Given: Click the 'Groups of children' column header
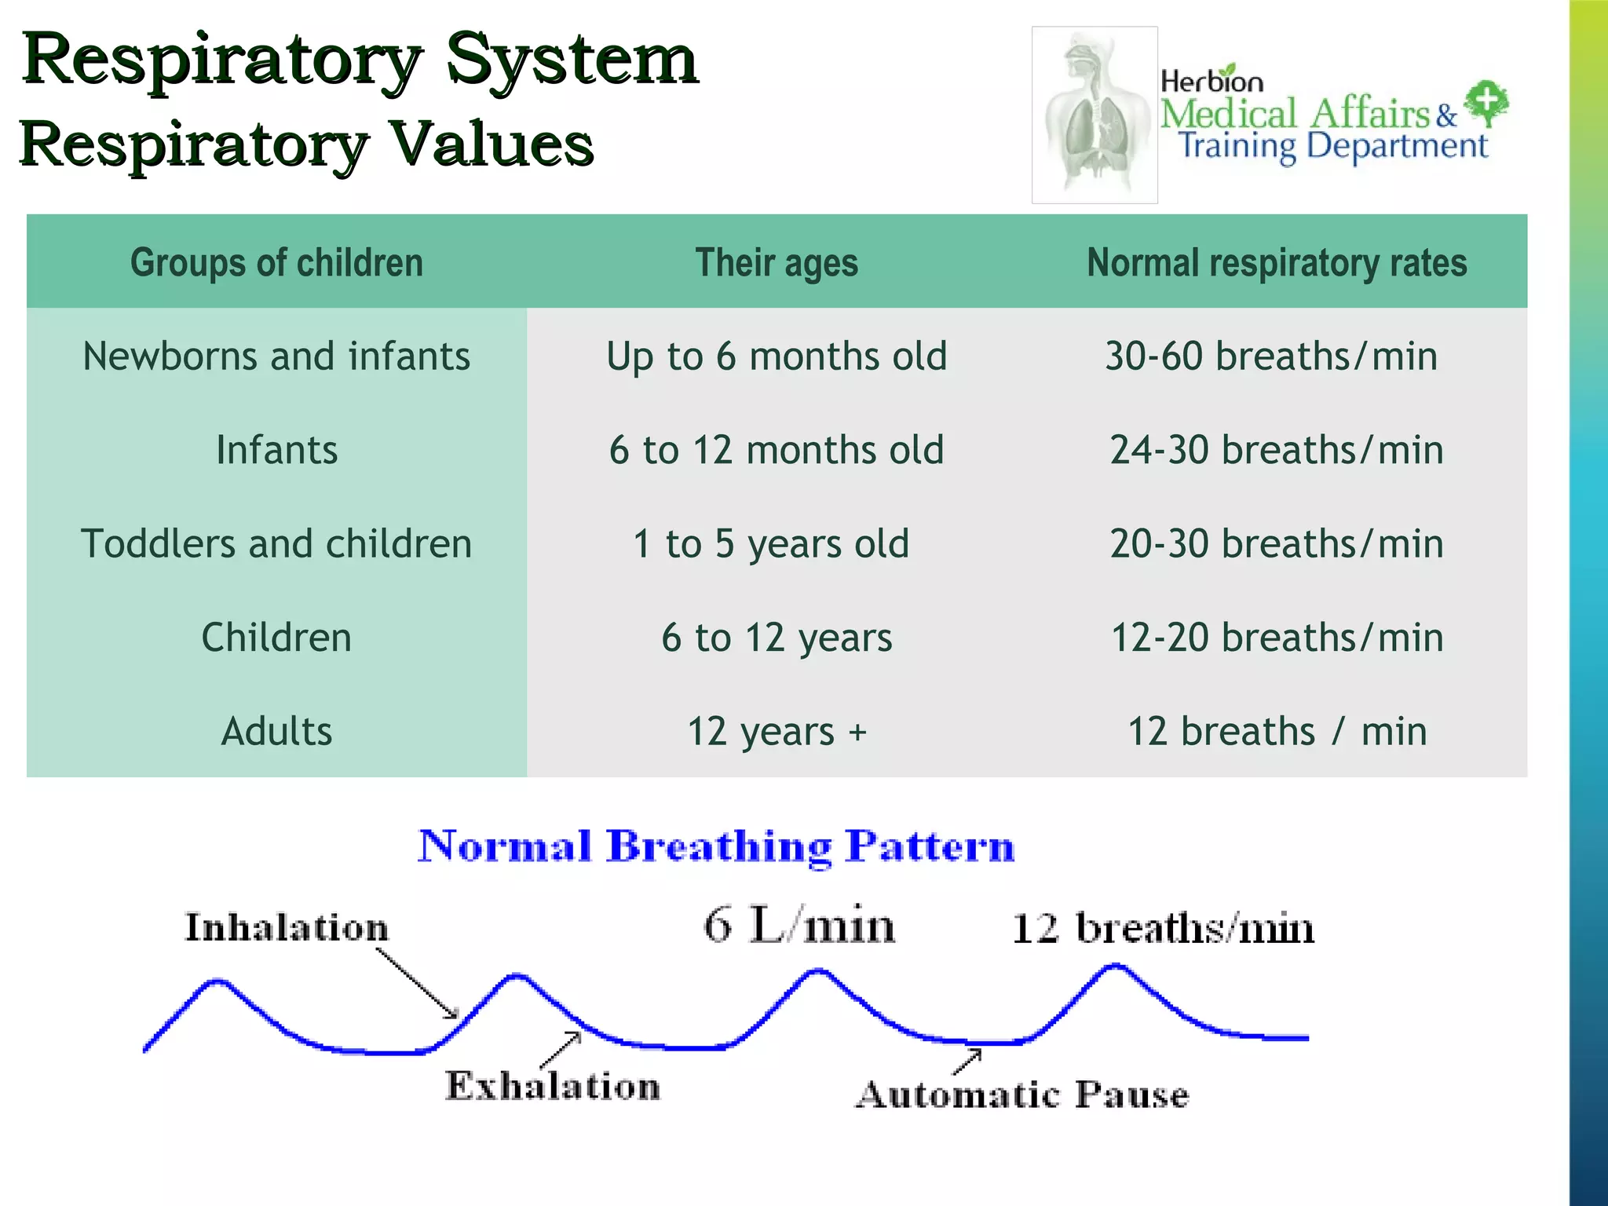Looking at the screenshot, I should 276,262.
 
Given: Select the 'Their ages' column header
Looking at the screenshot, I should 777,262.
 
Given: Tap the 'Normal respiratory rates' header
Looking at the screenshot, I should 1277,262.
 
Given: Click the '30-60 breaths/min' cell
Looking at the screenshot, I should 1271,356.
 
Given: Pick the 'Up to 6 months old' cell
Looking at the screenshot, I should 777,356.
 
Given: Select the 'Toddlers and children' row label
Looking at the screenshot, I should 276,544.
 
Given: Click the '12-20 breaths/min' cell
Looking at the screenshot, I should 1277,638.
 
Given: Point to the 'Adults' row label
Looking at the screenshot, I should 276,732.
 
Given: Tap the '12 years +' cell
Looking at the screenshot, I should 777,732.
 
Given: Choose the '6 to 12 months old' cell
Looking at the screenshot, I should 777,450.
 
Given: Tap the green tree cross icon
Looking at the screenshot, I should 1487,103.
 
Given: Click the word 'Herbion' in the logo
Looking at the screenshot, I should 1211,81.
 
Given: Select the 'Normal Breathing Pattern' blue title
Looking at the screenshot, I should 716,846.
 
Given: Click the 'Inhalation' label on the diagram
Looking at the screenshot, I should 287,927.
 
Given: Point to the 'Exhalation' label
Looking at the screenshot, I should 553,1086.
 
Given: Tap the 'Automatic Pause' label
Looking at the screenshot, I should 1022,1095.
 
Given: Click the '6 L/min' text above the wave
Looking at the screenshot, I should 799,925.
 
